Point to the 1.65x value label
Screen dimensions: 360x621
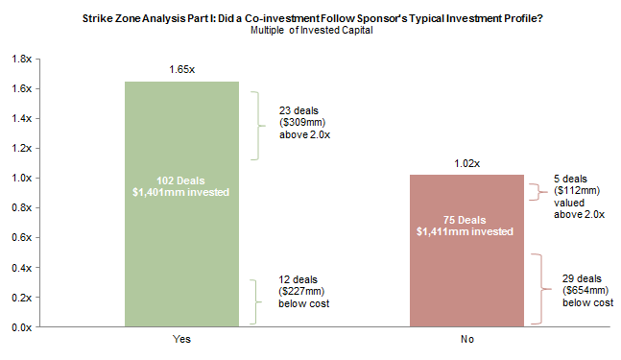pos(181,71)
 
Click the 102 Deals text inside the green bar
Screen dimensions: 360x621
pos(181,180)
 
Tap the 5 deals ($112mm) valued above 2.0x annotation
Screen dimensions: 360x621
pos(579,196)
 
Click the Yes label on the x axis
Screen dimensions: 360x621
pos(181,340)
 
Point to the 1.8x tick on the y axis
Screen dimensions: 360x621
pos(21,59)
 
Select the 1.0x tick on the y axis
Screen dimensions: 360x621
pos(21,178)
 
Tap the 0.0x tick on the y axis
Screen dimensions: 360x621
pos(21,327)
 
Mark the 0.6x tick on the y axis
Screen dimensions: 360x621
pos(21,238)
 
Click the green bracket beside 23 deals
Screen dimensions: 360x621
pos(256,126)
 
